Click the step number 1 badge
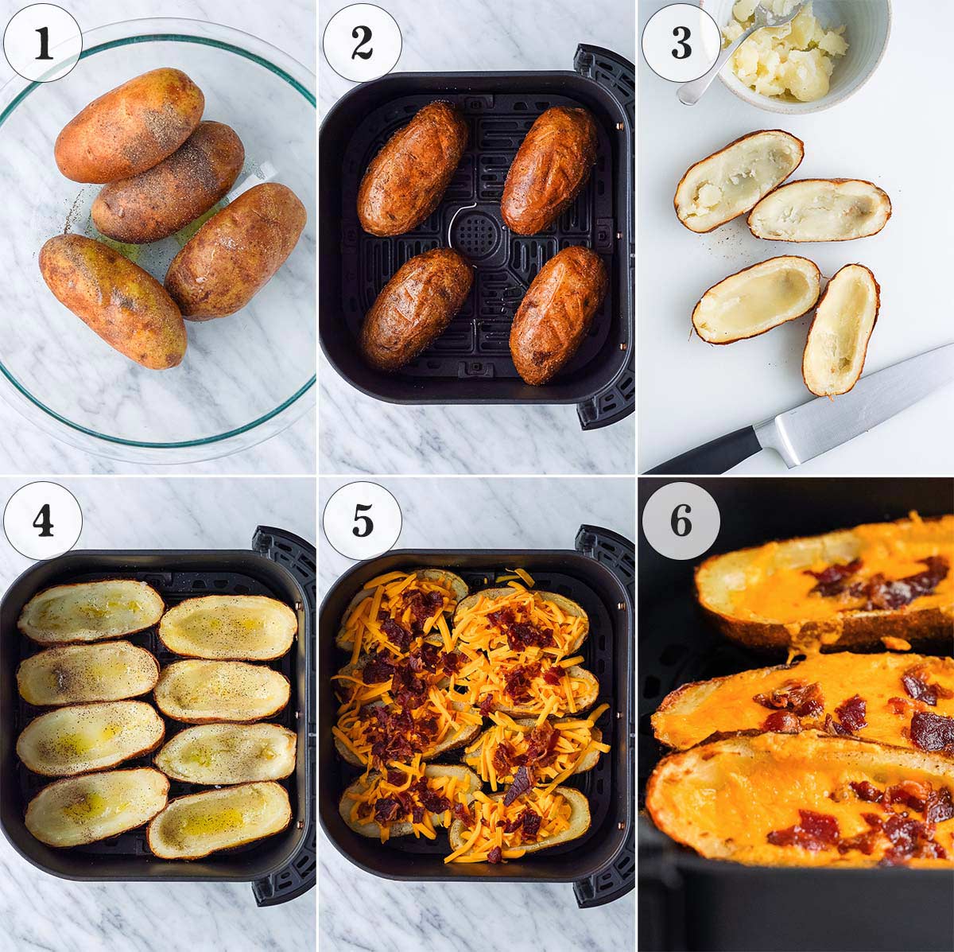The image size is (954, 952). [x=43, y=43]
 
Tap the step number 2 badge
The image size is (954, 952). [x=363, y=43]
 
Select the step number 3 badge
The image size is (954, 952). [x=681, y=43]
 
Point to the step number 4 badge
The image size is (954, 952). [x=43, y=520]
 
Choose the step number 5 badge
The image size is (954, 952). [x=363, y=520]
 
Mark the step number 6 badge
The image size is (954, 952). [x=681, y=520]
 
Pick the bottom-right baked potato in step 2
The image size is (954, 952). [x=557, y=314]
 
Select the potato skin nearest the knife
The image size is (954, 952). [x=841, y=329]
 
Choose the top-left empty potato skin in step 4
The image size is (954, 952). [x=91, y=610]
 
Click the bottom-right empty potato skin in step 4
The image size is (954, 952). [x=219, y=819]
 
